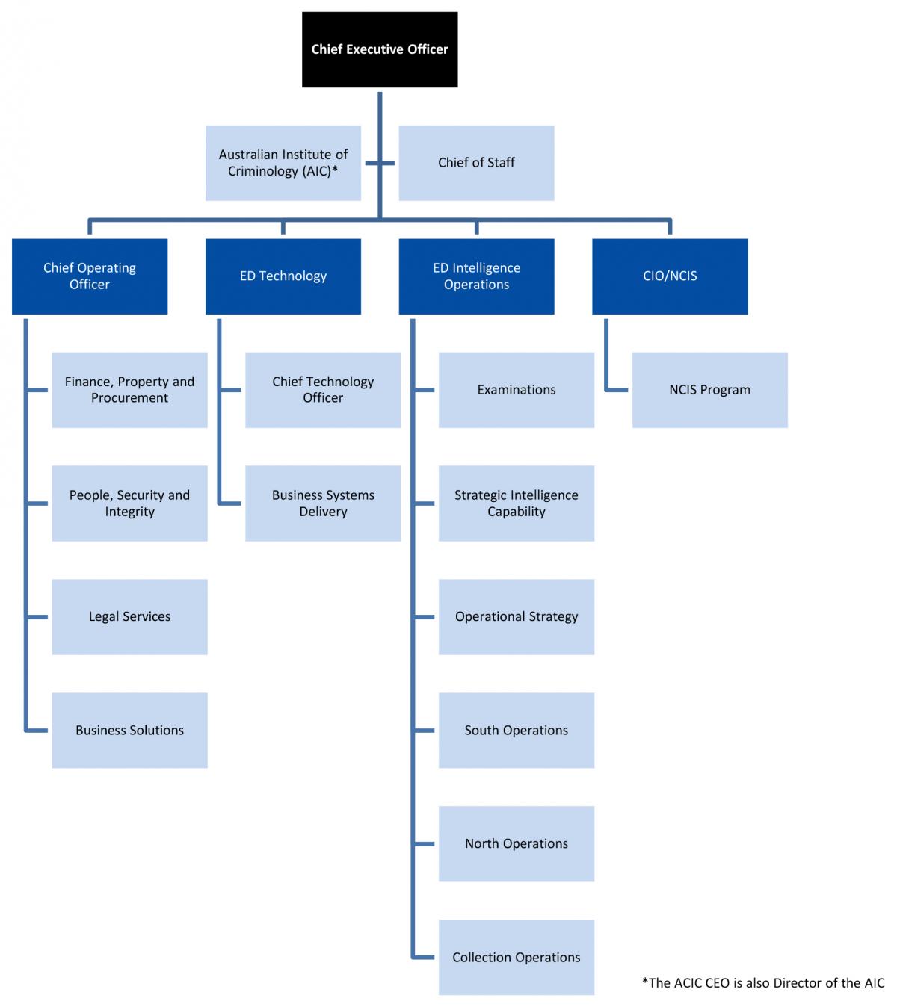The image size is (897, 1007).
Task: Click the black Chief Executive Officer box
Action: point(380,49)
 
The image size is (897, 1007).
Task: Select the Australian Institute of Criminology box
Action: point(283,163)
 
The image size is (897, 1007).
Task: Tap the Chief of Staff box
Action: point(476,163)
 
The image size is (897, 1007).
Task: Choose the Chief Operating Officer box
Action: point(90,276)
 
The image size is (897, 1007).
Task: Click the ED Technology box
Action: point(283,276)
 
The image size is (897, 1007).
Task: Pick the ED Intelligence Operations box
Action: point(476,276)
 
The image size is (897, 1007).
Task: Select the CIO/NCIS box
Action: point(670,276)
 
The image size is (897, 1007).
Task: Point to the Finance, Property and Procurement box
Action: point(129,390)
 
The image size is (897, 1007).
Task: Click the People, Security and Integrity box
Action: point(129,503)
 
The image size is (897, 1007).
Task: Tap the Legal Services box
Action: point(129,617)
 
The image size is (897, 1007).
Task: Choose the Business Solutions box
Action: point(129,731)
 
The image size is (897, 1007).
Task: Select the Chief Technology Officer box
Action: point(323,390)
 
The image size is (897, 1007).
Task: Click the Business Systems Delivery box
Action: point(323,503)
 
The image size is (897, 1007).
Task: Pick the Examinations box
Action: point(517,390)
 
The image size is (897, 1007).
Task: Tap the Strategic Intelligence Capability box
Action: point(517,503)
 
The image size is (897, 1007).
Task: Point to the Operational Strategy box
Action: point(517,617)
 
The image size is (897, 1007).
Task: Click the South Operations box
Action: point(517,731)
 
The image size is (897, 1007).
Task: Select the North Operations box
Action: point(517,844)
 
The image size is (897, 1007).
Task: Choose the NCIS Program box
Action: point(710,390)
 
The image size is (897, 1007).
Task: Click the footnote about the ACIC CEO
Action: point(762,983)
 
